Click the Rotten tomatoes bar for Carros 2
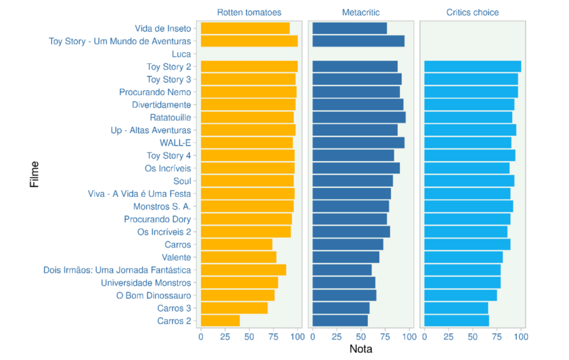(220, 321)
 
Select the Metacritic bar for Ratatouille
(359, 117)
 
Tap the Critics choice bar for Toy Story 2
(472, 67)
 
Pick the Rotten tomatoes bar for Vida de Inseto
(245, 28)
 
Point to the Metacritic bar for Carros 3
(341, 308)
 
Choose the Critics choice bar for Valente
(463, 257)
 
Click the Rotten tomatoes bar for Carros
(236, 244)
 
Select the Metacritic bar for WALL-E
(358, 143)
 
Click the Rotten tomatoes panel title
(249, 12)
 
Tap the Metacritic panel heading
(361, 12)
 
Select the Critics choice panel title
(473, 12)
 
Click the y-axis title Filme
(34, 174)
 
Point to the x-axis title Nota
(361, 349)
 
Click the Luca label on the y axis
(182, 54)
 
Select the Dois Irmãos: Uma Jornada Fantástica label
(117, 270)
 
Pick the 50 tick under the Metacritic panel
(361, 336)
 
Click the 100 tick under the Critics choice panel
(521, 336)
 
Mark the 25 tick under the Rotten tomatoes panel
(225, 336)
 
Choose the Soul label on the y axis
(182, 181)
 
